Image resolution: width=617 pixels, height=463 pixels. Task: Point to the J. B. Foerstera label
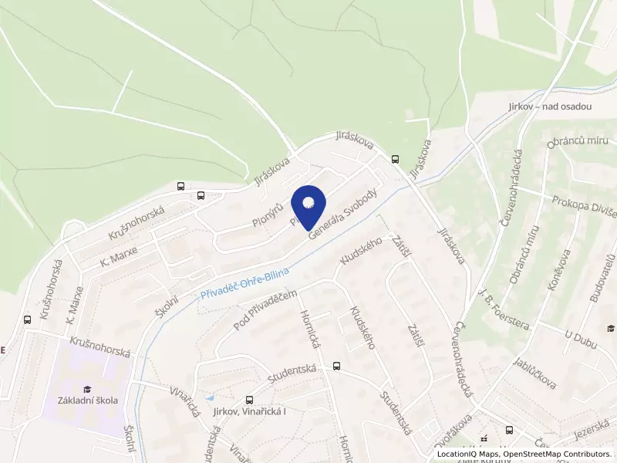(x=504, y=309)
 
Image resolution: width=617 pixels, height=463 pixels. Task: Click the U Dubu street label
(x=581, y=337)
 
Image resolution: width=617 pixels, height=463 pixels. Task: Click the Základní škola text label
(x=87, y=400)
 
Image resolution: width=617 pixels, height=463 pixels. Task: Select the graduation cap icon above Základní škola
(x=87, y=388)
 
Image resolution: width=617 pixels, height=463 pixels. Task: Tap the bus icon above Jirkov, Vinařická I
(x=248, y=400)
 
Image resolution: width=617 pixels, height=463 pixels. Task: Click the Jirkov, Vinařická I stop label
(x=248, y=413)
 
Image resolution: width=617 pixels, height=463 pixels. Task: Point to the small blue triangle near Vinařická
(x=210, y=397)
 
